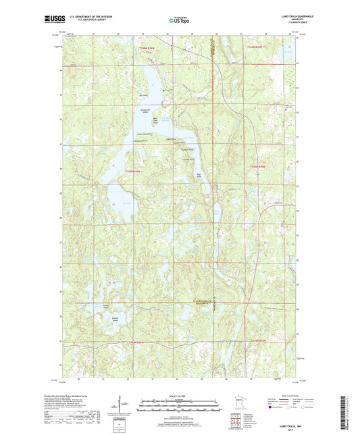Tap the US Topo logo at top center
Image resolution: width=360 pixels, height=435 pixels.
tap(178, 21)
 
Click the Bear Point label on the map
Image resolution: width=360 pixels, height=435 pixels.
tap(199, 174)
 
